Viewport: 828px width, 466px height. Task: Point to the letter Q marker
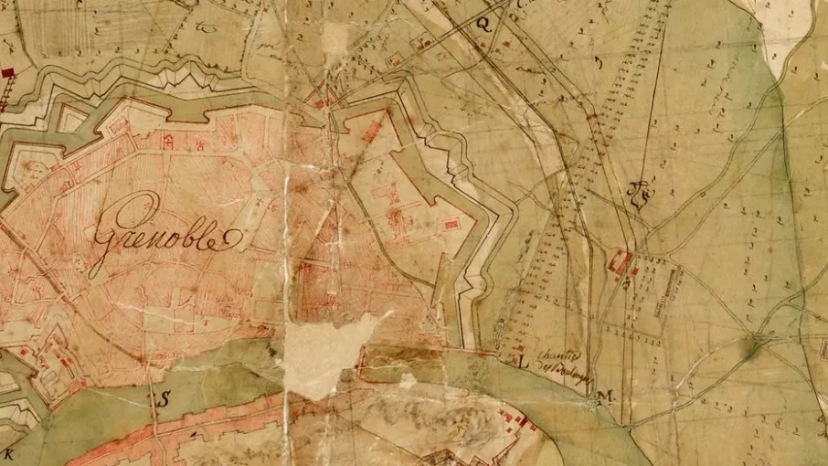click(483, 26)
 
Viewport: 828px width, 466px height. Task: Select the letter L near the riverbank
click(524, 362)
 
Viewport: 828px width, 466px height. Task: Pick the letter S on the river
click(165, 398)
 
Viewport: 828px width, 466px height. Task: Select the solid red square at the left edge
click(8, 71)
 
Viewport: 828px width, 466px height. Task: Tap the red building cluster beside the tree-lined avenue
click(621, 263)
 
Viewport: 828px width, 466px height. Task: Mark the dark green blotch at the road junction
click(756, 344)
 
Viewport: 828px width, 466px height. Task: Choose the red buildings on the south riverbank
click(516, 420)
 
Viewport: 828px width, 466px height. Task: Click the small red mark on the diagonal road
click(591, 116)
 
